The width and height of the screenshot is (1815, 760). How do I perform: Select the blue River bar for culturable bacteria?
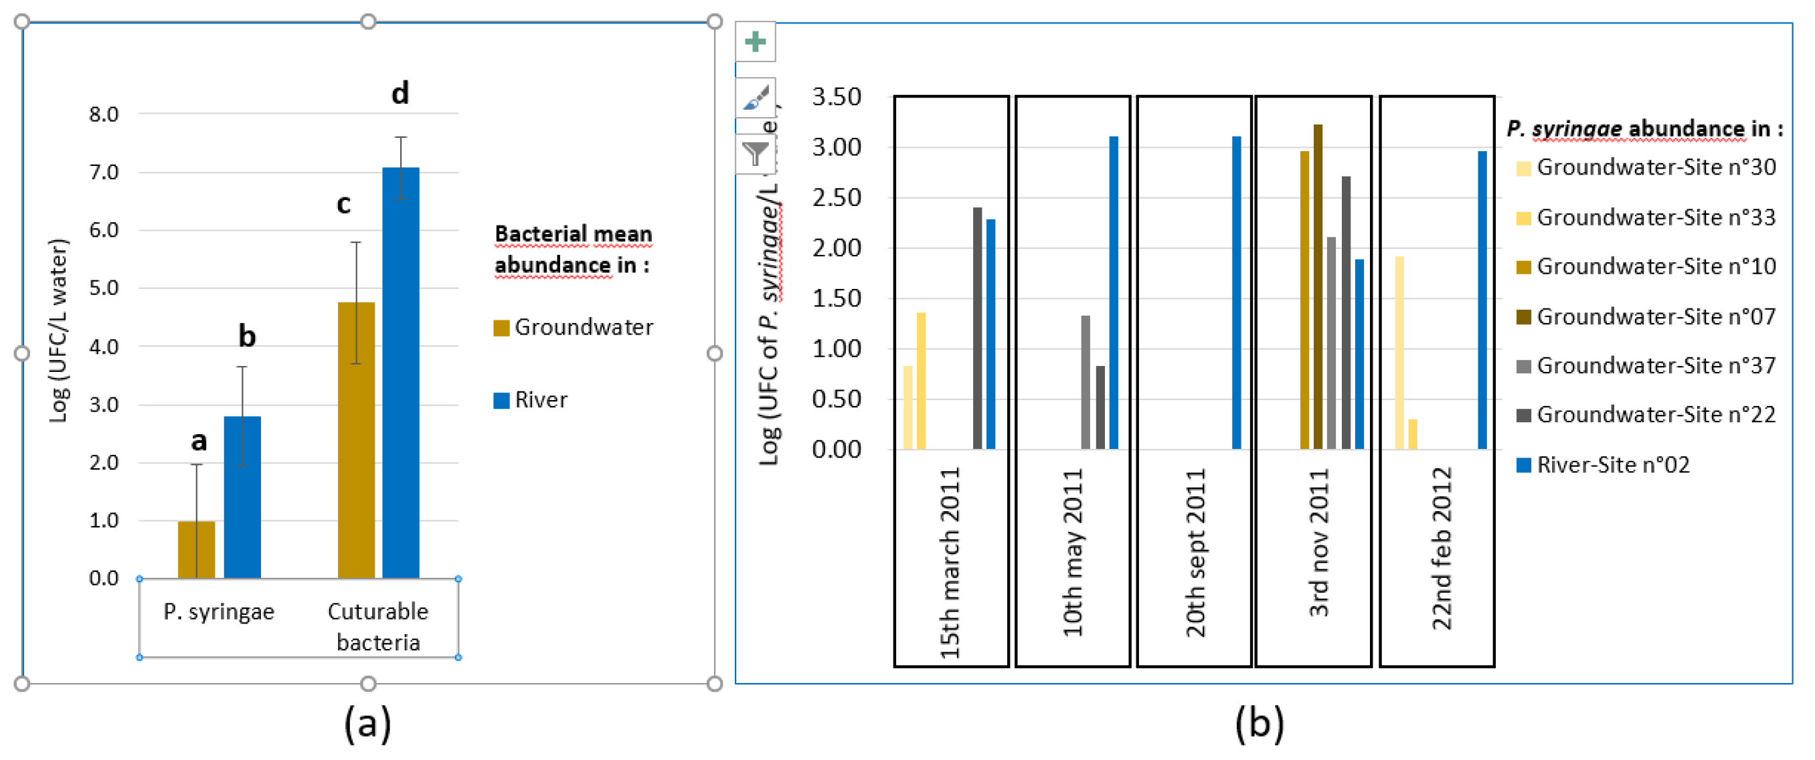click(x=400, y=373)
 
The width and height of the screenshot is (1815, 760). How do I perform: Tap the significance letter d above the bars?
click(x=400, y=94)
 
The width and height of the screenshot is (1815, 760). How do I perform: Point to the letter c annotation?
click(x=343, y=204)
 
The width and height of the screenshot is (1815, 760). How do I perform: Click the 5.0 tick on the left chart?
click(x=104, y=288)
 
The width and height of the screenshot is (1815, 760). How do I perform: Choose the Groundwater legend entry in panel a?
click(x=574, y=328)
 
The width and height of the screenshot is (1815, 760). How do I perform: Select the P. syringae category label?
click(x=218, y=611)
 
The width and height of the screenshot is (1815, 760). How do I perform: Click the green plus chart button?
click(x=756, y=41)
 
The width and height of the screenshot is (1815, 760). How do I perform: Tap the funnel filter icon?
click(x=756, y=153)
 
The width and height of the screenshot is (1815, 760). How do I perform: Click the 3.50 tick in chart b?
click(x=837, y=97)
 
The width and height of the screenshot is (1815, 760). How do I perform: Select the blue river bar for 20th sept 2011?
click(x=1237, y=292)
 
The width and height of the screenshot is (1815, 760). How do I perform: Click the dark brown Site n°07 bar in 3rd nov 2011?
click(x=1318, y=287)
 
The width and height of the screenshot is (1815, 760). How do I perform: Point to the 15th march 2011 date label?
click(x=950, y=563)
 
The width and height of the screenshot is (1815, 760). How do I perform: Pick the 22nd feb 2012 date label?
click(x=1442, y=549)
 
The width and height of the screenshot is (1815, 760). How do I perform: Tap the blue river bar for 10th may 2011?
click(x=1114, y=292)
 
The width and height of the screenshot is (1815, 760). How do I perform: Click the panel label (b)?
click(x=1259, y=723)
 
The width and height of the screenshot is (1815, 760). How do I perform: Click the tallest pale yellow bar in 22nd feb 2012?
click(x=1399, y=352)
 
